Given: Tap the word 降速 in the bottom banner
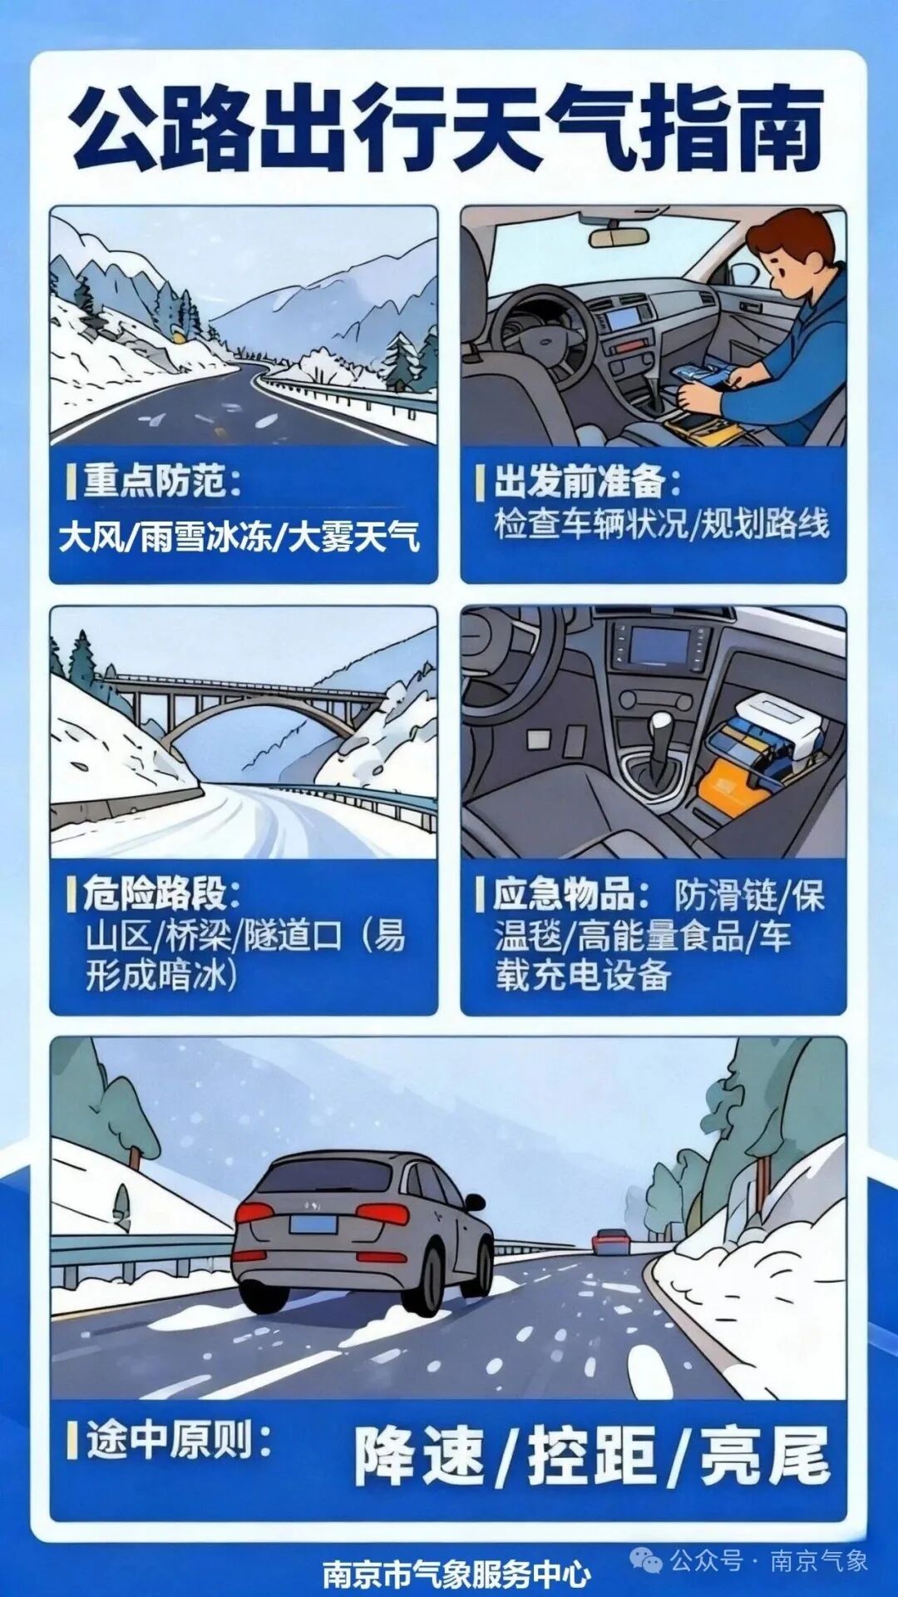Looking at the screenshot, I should pyautogui.click(x=420, y=1456).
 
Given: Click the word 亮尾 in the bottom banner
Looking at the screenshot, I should pyautogui.click(x=765, y=1456).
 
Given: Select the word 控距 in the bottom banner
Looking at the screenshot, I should pyautogui.click(x=592, y=1456).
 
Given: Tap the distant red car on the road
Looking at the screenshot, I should pyautogui.click(x=609, y=1241).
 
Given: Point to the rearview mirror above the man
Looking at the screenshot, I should pyautogui.click(x=619, y=236).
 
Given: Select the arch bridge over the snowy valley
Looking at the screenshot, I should pyautogui.click(x=249, y=707).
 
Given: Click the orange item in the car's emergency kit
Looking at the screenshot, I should pyautogui.click(x=727, y=790).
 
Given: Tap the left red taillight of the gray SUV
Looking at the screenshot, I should pyautogui.click(x=254, y=1212).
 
